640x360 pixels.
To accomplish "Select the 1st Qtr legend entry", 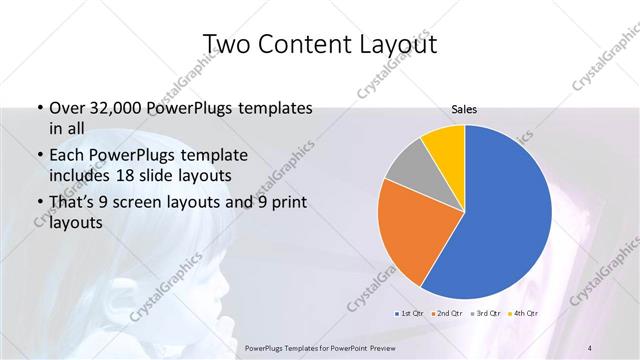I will pyautogui.click(x=408, y=314).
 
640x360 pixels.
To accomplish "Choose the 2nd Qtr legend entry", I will pyautogui.click(x=446, y=314).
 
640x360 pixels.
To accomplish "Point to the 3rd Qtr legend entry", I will pyautogui.click(x=486, y=314).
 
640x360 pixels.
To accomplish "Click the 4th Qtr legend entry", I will pyautogui.click(x=524, y=314).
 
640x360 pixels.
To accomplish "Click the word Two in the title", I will pyautogui.click(x=223, y=44).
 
